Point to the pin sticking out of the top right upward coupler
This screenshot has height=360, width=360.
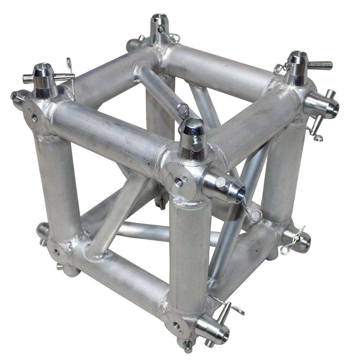(x=319, y=65)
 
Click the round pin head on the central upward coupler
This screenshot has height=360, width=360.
(x=196, y=144)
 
